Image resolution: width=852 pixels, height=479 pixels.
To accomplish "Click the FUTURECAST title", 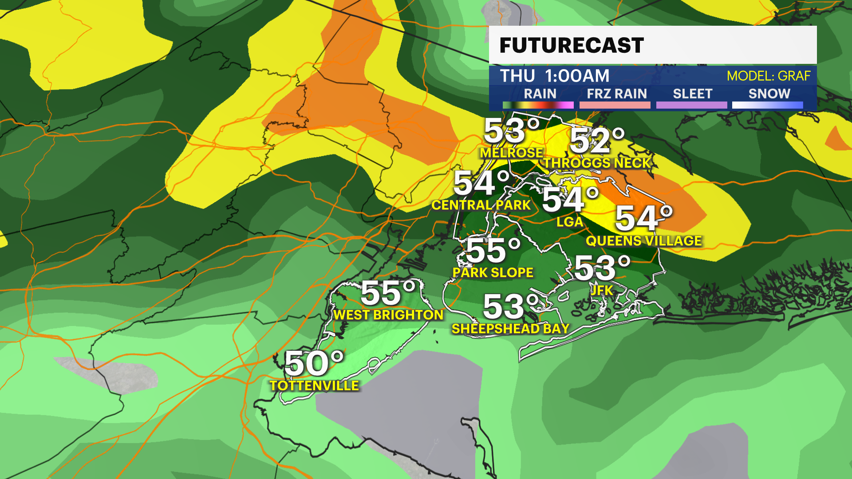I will click(x=572, y=45).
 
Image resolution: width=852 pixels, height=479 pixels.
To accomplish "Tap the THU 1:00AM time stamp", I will click(x=555, y=76).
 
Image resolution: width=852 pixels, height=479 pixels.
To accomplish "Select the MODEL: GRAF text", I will click(x=768, y=76).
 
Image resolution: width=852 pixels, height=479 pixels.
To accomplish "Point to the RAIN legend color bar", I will click(x=538, y=105).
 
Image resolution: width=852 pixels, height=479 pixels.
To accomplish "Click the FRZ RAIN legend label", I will click(x=616, y=94).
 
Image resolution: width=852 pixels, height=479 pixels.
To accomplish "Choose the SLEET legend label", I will click(x=692, y=94).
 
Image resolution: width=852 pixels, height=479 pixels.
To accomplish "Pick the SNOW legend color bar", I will click(x=767, y=105).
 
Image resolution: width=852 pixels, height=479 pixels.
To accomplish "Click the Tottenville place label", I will click(x=314, y=385).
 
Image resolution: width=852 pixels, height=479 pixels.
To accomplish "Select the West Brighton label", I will click(x=388, y=314).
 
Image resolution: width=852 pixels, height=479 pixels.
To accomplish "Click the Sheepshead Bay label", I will click(x=510, y=328).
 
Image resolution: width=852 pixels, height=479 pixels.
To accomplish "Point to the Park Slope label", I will click(x=493, y=272).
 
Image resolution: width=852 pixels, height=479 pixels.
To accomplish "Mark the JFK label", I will click(x=602, y=290).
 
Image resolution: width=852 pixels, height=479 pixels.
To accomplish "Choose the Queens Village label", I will click(x=644, y=241).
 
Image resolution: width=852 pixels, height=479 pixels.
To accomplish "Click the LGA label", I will click(x=570, y=222).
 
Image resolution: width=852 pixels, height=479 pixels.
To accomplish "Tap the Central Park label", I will click(x=481, y=205).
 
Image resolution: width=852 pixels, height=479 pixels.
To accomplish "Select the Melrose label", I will click(x=511, y=153).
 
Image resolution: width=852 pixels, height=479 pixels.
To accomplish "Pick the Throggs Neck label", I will click(x=597, y=163).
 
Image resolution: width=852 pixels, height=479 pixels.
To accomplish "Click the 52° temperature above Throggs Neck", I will click(x=597, y=141).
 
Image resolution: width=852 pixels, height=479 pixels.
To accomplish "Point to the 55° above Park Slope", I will click(x=493, y=250).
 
